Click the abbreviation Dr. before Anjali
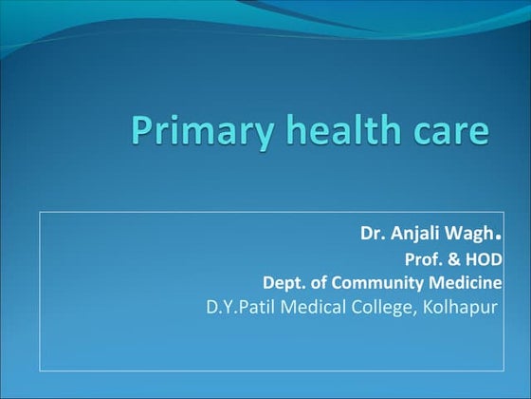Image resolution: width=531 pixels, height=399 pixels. (371, 233)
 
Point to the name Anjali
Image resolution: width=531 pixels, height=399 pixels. (413, 234)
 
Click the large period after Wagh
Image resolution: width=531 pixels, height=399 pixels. (498, 234)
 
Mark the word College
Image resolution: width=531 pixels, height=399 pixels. (383, 307)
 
